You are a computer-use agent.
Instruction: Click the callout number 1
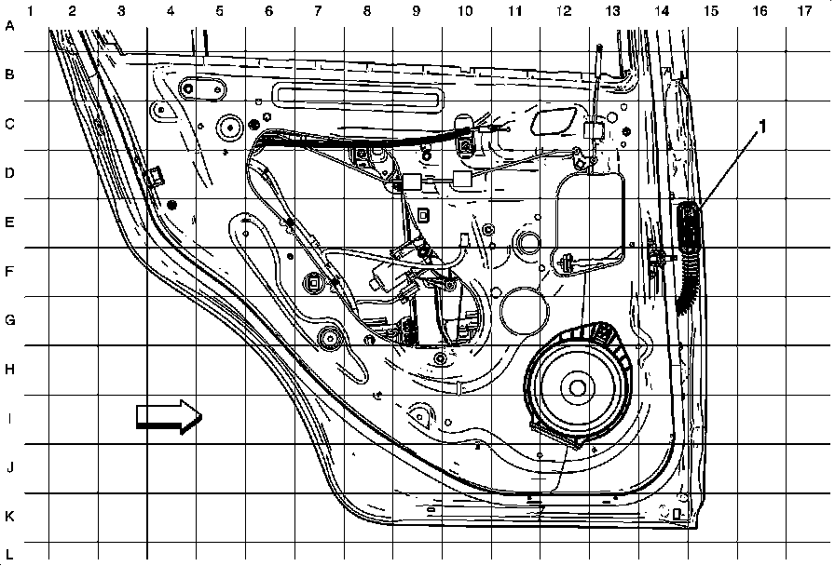763,127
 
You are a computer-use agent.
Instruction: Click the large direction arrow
169,416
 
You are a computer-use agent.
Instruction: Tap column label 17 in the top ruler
804,11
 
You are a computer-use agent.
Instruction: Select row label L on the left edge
10,553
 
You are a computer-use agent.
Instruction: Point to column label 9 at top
415,11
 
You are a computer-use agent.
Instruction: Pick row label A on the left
10,26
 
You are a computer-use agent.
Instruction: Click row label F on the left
10,272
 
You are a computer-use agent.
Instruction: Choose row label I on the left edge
10,419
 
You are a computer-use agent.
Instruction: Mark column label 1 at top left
32,11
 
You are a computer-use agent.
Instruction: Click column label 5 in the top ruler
219,11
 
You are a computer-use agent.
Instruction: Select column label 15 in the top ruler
710,11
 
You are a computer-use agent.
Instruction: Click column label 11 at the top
513,11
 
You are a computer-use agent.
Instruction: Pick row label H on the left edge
10,370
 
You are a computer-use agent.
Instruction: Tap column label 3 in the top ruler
121,11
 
